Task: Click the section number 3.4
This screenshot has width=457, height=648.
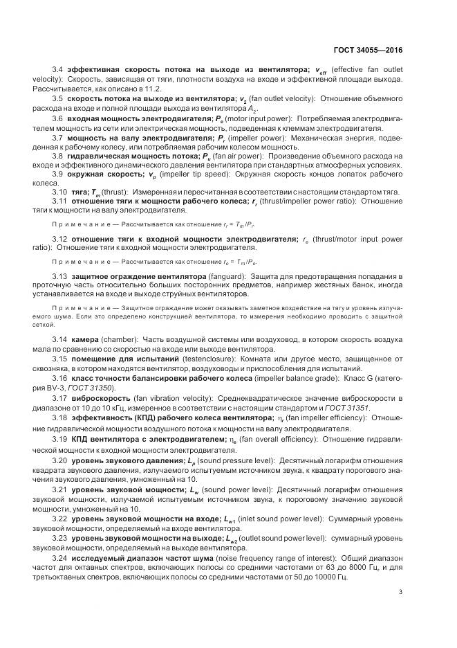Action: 58,70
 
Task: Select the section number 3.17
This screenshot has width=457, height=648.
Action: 60,399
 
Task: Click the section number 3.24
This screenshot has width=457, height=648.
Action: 60,556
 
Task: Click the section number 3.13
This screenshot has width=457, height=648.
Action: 60,276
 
